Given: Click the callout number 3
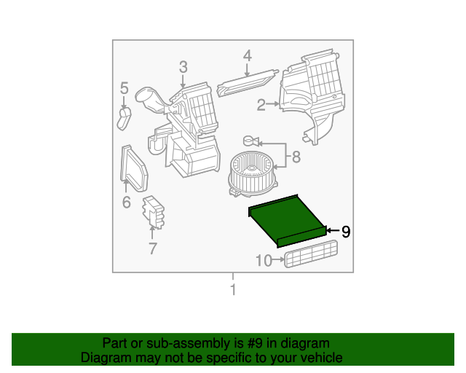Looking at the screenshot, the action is click(x=183, y=67).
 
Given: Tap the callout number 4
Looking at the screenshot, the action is click(x=248, y=56).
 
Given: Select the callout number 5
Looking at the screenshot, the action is click(x=125, y=88).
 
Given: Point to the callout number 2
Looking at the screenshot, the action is click(x=261, y=105).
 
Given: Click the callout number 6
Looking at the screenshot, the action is click(x=127, y=203).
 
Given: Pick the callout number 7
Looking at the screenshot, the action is click(x=152, y=248).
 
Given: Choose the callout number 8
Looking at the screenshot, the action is click(x=296, y=157).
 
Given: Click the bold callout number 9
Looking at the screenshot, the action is click(x=346, y=232).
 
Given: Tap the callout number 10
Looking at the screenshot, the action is click(x=264, y=261).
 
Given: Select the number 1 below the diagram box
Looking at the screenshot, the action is click(x=233, y=289).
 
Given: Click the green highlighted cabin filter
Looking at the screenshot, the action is click(x=287, y=221).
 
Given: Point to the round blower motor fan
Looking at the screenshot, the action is click(x=253, y=173).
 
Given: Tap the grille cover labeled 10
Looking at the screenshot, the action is click(x=311, y=254).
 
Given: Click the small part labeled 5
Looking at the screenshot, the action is click(x=124, y=119).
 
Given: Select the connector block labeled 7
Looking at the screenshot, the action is click(x=154, y=212).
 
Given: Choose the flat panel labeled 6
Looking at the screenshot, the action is click(x=134, y=168).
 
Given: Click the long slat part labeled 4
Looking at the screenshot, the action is click(x=248, y=83).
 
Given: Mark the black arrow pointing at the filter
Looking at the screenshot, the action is click(x=333, y=230).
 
